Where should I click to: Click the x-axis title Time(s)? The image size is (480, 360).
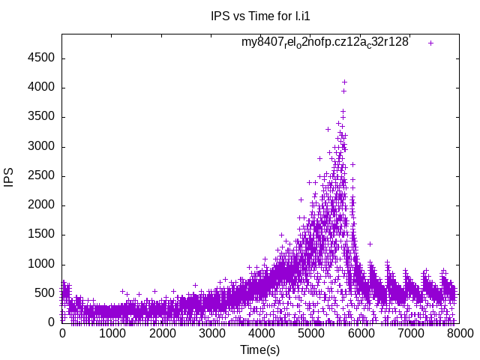tap(260, 349)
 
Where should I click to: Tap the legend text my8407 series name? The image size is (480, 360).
tap(325, 43)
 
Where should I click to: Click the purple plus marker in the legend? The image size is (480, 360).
tap(430, 43)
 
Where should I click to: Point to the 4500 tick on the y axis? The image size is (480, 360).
tap(40, 58)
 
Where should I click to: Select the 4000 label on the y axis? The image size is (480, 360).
tap(40, 88)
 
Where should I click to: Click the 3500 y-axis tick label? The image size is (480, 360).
tap(40, 117)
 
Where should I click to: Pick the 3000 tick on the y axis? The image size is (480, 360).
tap(40, 146)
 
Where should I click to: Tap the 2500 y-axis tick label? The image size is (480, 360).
tap(40, 176)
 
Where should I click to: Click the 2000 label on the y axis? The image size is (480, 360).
tap(40, 205)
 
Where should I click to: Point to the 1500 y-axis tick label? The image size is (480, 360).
tap(40, 235)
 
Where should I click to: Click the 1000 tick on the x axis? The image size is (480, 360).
tap(112, 333)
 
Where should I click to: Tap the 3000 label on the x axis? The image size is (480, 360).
tap(211, 333)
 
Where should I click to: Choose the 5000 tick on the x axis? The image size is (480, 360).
tap(310, 333)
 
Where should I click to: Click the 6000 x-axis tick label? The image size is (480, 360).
tap(360, 333)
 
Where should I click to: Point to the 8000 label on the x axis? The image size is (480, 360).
tap(459, 333)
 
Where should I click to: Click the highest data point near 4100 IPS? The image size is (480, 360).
tap(344, 82)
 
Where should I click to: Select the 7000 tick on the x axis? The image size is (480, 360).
tap(409, 333)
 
